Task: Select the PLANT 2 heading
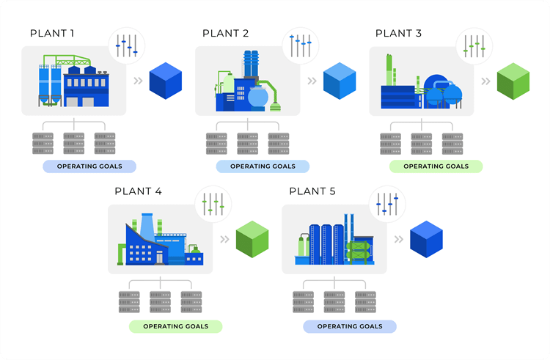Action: (226, 34)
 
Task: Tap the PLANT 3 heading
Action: (398, 34)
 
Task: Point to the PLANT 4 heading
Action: (139, 191)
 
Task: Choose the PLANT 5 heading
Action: (312, 191)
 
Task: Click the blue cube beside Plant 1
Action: (165, 81)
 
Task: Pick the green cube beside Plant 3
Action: (513, 81)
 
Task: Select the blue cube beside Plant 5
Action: (426, 239)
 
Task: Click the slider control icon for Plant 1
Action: (127, 45)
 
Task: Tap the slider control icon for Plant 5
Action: (387, 203)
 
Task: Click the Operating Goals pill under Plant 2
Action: (262, 166)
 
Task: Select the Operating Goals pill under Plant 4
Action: (175, 326)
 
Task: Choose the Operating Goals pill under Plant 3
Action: (436, 166)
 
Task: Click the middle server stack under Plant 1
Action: (74, 143)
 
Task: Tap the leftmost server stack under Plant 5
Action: (303, 301)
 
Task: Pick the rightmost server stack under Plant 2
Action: (279, 143)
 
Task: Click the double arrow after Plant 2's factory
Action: (312, 81)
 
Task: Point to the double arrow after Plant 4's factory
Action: (225, 239)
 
